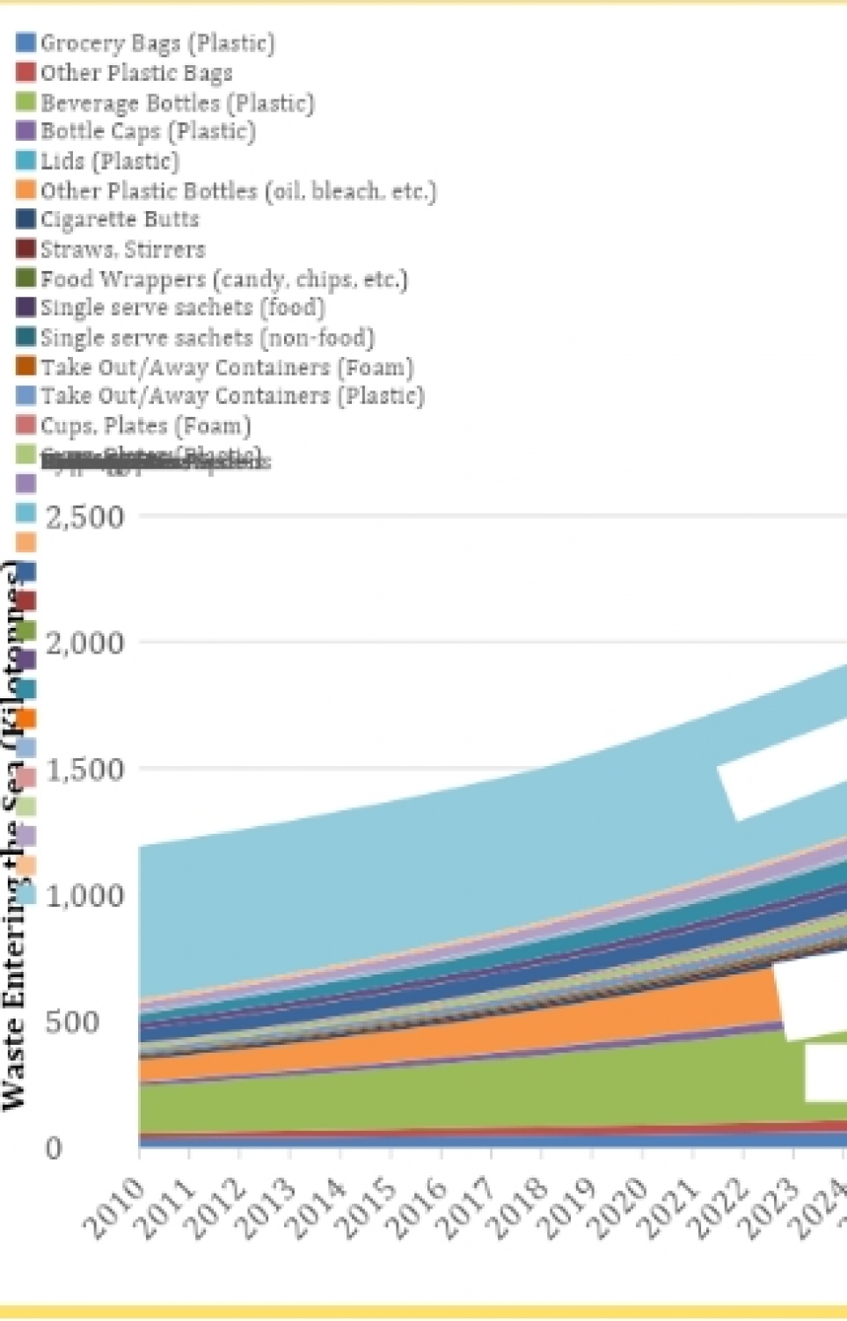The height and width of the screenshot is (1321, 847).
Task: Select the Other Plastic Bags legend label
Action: click(x=136, y=72)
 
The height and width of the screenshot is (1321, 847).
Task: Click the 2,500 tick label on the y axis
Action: click(x=84, y=516)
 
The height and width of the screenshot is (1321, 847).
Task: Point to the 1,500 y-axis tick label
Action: click(x=84, y=770)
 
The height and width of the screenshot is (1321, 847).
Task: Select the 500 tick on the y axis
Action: click(x=71, y=1022)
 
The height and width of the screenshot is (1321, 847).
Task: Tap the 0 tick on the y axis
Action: click(x=54, y=1148)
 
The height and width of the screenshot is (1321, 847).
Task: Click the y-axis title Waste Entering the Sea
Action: click(x=12, y=836)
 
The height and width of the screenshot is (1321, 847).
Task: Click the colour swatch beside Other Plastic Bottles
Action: click(x=26, y=190)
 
